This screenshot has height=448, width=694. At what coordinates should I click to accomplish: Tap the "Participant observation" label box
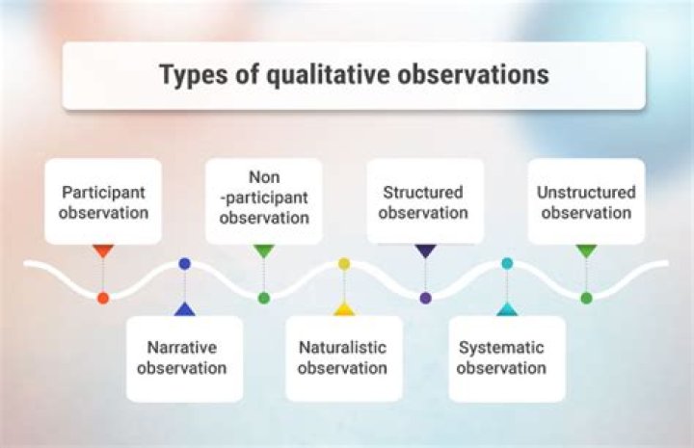coord(103,200)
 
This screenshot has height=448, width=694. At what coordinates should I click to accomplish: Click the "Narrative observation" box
coord(183,357)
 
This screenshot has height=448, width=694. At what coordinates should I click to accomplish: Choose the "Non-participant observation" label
coord(264,199)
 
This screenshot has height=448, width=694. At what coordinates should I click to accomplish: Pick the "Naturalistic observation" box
coord(343,357)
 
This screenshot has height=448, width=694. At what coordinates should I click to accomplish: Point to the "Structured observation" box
coord(424,200)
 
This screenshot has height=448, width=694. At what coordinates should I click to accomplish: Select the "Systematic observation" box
coord(506,357)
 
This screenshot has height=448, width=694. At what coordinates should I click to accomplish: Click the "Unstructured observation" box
coord(586,200)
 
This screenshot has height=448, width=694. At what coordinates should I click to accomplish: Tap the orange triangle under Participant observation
coord(103,250)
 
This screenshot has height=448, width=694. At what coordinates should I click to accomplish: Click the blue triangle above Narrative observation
coord(184,309)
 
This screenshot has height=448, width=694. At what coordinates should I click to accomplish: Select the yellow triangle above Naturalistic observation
coord(344,309)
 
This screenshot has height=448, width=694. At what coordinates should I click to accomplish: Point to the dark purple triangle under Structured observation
coord(425,250)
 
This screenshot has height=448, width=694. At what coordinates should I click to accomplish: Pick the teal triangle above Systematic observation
coord(507,309)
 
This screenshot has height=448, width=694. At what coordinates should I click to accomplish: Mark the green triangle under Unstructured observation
coord(586,250)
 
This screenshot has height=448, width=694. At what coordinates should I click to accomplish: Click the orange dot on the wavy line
coord(103,298)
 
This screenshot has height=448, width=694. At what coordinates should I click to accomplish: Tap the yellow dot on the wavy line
coord(344,263)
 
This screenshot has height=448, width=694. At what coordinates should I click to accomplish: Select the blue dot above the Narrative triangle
coord(184,263)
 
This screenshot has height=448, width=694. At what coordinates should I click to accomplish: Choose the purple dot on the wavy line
coord(425,298)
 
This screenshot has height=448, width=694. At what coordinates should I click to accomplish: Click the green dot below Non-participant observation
coord(264,298)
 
